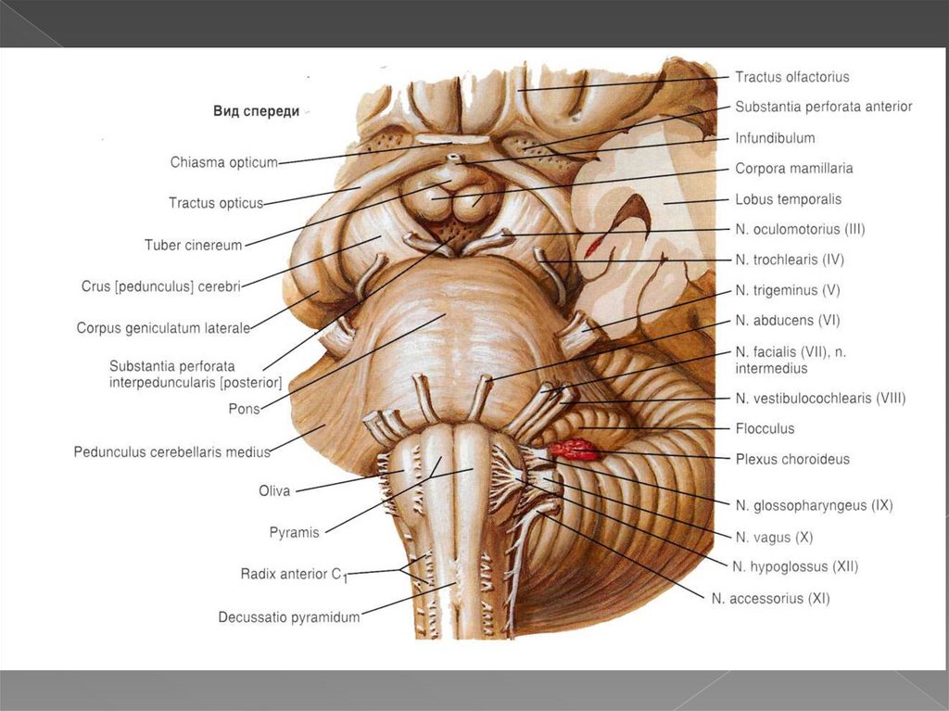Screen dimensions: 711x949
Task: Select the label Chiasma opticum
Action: [223, 163]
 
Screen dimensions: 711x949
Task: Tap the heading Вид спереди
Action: [256, 111]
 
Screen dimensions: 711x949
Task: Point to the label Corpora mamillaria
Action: [793, 169]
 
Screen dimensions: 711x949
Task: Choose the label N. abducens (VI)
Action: [787, 321]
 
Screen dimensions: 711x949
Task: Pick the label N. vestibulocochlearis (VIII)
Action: [819, 399]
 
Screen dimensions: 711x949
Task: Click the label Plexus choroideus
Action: [791, 459]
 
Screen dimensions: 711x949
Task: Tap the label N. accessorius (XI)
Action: [770, 599]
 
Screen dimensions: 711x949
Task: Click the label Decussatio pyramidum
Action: [289, 616]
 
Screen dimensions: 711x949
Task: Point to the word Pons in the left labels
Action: [244, 408]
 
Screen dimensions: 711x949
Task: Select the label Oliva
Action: [274, 491]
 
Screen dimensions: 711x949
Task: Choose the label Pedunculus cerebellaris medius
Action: [171, 452]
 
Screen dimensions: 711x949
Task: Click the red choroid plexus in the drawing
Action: [575, 451]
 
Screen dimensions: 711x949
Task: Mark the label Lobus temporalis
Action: [788, 199]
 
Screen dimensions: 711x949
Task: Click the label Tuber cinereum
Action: [193, 246]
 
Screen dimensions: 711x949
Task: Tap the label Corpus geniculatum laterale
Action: [163, 327]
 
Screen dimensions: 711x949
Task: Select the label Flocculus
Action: [765, 429]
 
